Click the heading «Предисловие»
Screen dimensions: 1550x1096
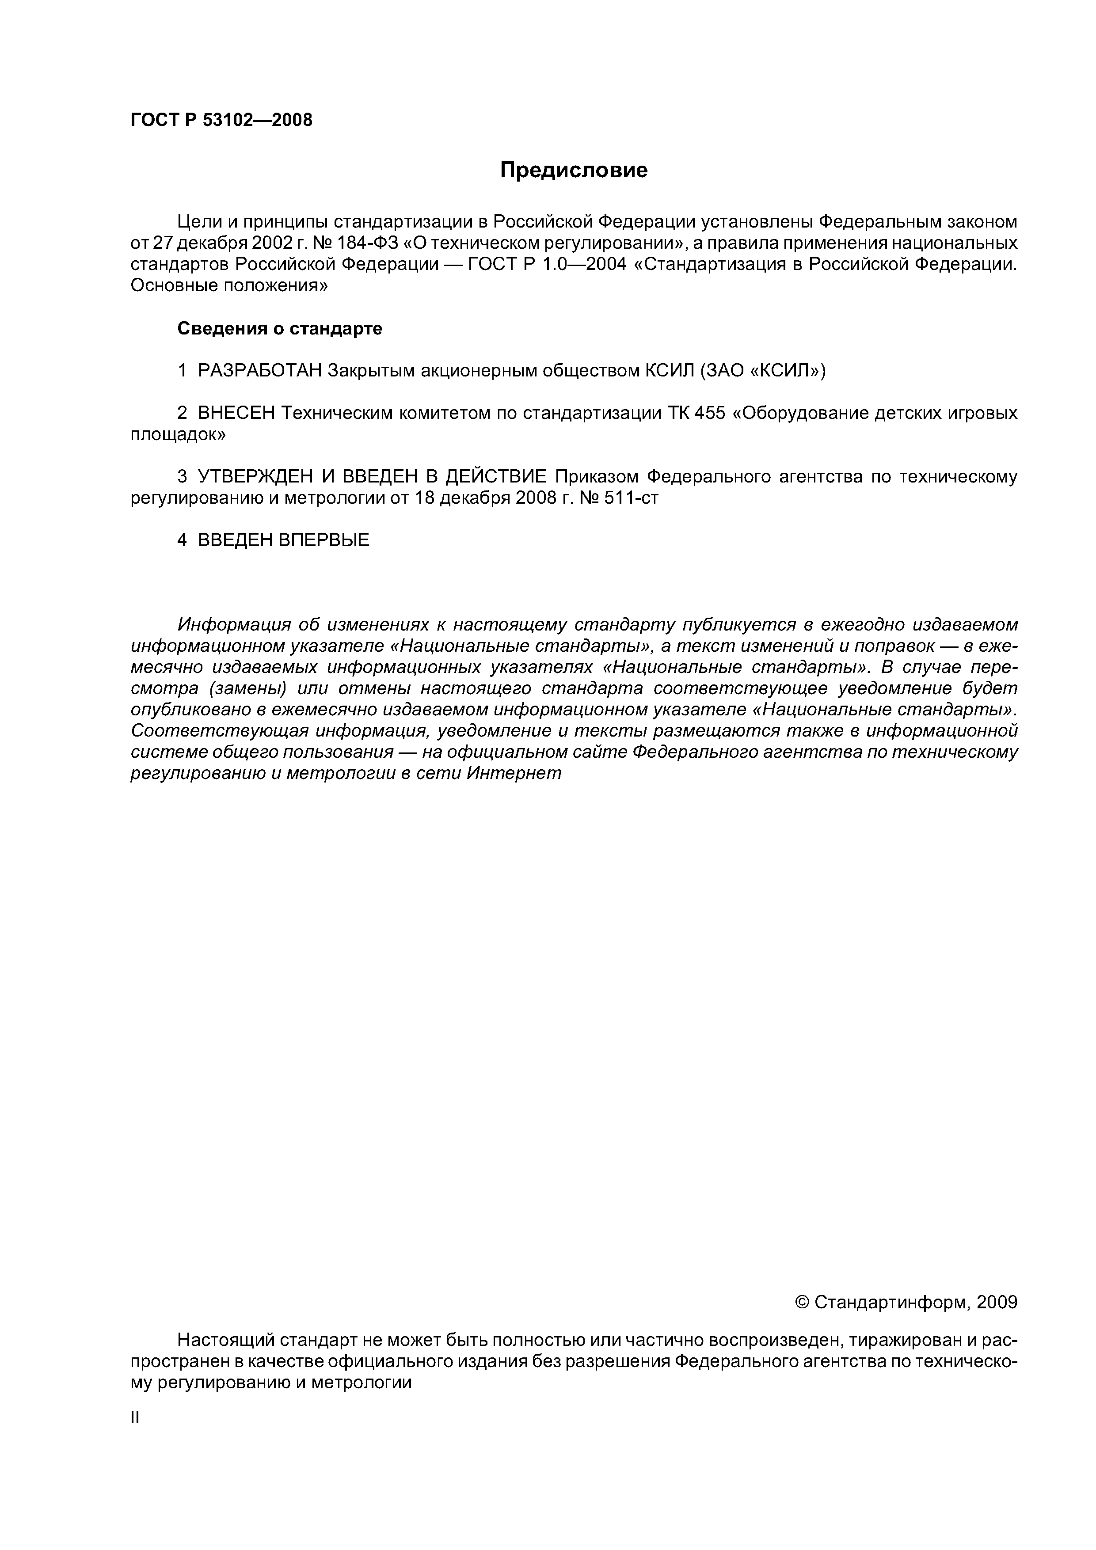tap(573, 170)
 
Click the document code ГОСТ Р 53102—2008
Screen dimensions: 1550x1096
tap(221, 120)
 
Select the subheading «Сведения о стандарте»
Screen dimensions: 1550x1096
tap(280, 329)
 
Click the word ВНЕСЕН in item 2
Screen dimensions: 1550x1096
tap(236, 413)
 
